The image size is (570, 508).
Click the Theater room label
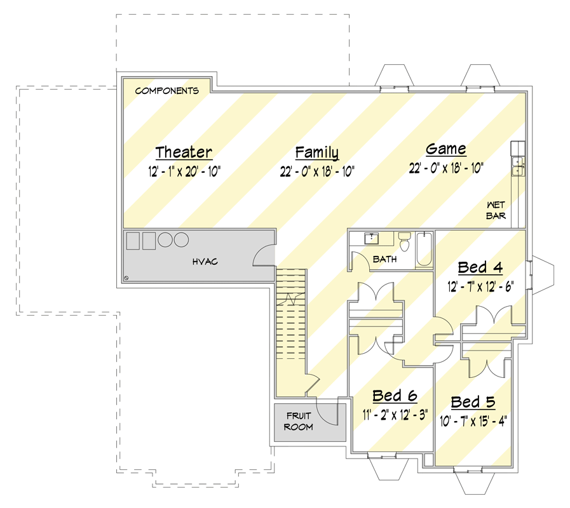(x=184, y=152)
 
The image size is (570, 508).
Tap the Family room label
(x=317, y=152)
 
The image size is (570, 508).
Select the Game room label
(x=446, y=149)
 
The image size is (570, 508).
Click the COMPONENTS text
(x=167, y=90)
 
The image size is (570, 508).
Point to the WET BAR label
(x=496, y=210)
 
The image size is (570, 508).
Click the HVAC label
(x=205, y=262)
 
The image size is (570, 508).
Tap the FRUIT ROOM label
(x=299, y=421)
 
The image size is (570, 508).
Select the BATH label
(x=384, y=259)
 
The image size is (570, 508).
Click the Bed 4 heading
(x=480, y=267)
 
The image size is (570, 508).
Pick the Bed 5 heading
(x=473, y=402)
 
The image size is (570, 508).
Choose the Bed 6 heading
(x=395, y=396)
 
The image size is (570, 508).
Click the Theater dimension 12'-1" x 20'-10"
(x=184, y=171)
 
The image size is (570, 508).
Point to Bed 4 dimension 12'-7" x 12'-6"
(x=480, y=287)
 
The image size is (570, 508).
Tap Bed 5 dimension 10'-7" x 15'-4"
(x=473, y=421)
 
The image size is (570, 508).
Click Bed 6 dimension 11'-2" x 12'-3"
(x=395, y=415)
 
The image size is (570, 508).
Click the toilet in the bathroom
(x=404, y=242)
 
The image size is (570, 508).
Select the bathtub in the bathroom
(x=424, y=250)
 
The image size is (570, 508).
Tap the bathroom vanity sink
(x=372, y=239)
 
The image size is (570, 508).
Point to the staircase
(x=291, y=314)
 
